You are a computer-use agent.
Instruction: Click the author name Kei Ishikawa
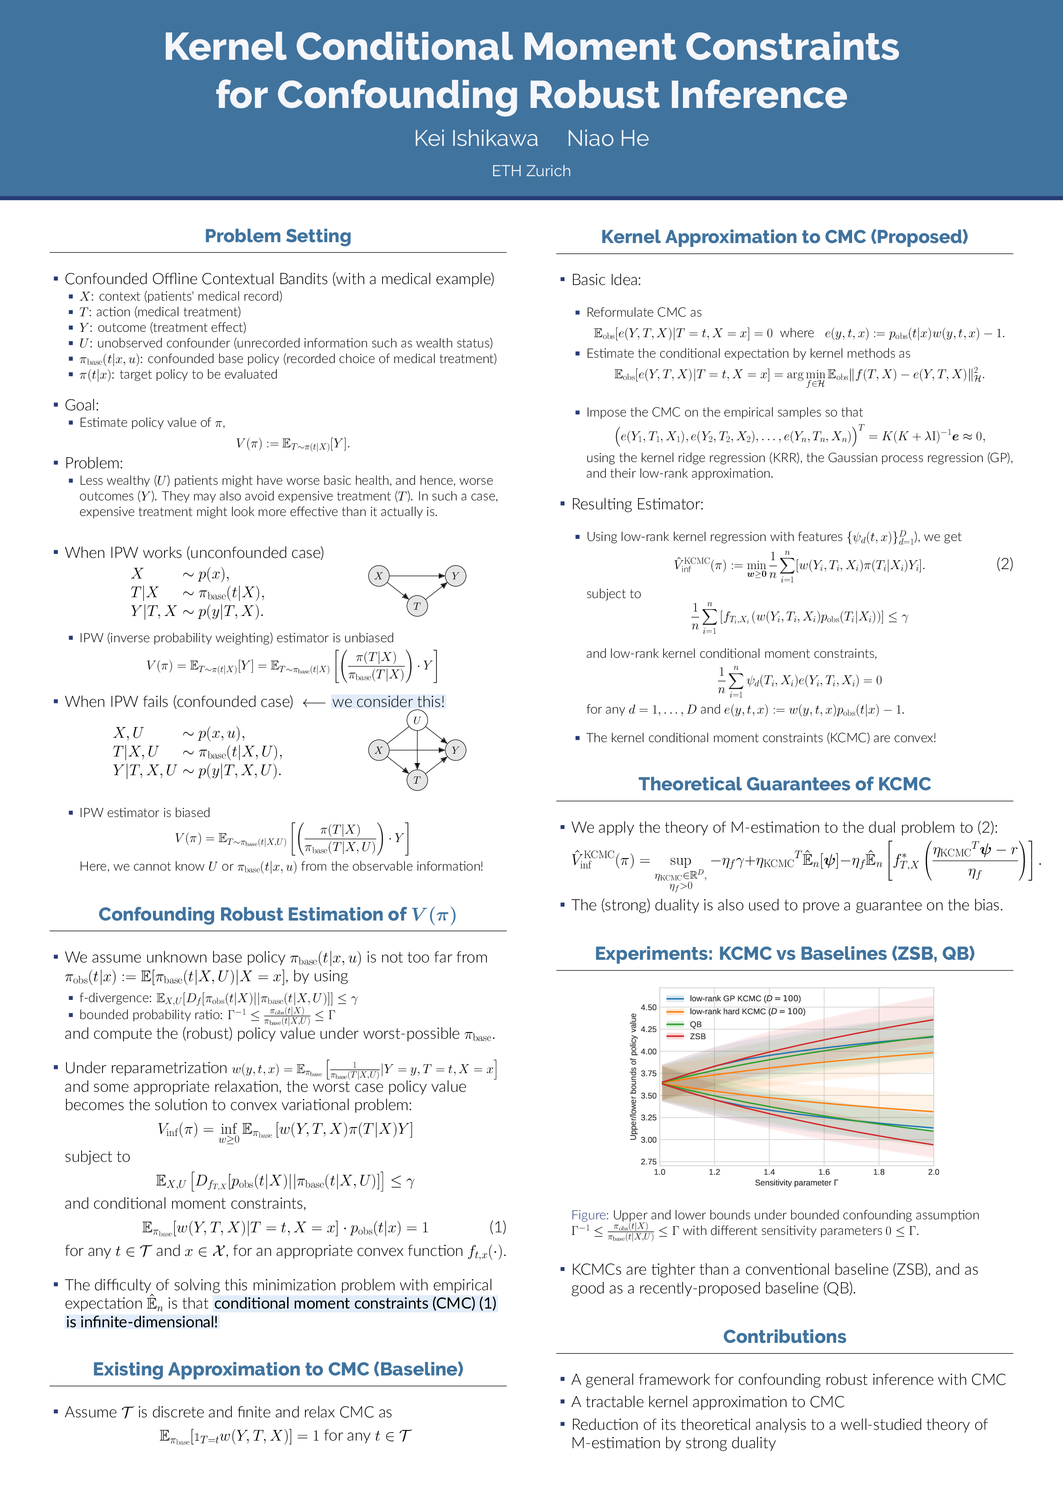476,139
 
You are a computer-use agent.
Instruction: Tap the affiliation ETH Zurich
531,171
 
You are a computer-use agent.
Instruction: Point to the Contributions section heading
784,1336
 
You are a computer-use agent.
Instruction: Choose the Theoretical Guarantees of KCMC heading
784,784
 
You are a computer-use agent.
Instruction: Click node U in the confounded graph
417,720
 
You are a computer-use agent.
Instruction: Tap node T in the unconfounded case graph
417,606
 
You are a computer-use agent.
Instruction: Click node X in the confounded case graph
378,750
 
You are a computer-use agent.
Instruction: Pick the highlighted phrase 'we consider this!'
388,702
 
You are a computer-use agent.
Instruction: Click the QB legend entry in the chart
695,1024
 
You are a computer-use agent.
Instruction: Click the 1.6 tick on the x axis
824,1172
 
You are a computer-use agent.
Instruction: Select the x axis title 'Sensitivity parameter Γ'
796,1182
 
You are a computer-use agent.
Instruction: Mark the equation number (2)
1004,564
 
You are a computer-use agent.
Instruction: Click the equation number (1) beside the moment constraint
498,1227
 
